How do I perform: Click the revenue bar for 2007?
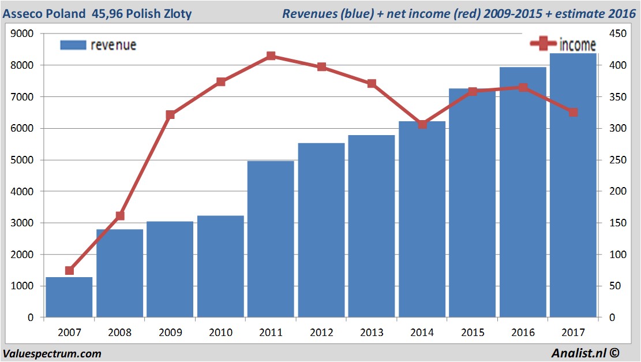(x=69, y=297)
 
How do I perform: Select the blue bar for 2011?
(x=271, y=239)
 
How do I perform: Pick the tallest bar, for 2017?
(x=573, y=185)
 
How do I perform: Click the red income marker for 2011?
(x=271, y=56)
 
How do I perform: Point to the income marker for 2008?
(x=120, y=216)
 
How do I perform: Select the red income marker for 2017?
(x=573, y=112)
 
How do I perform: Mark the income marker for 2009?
(x=170, y=115)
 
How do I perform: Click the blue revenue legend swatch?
(x=73, y=45)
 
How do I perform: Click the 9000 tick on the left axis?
(x=23, y=34)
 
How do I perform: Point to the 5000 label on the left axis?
(x=23, y=160)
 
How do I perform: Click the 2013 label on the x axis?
(x=372, y=333)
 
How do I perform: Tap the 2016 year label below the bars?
(x=523, y=333)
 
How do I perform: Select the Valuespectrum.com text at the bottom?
(x=52, y=353)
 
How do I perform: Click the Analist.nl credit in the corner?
(x=586, y=353)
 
